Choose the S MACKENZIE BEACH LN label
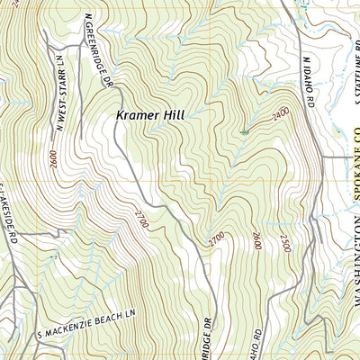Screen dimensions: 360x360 coord(89,324)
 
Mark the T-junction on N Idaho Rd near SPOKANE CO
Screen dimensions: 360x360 coord(321,158)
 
